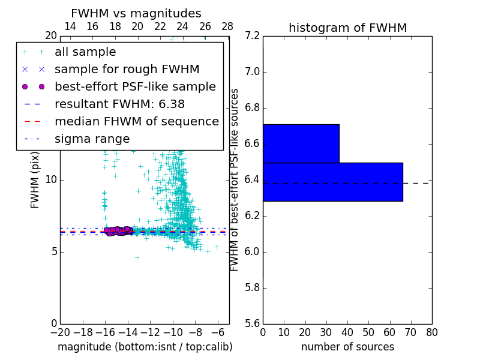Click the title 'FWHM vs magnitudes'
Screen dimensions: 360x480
(136, 14)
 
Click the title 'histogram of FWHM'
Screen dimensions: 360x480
(347, 28)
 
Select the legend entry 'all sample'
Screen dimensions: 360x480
(85, 52)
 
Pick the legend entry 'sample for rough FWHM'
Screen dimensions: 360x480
(127, 70)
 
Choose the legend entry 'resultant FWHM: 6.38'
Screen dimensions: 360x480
(119, 104)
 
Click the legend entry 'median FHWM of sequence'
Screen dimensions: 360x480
(136, 122)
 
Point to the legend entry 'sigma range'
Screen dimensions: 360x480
(92, 139)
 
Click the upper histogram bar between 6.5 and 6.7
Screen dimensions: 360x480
(301, 143)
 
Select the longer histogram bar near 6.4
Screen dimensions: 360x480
(332, 182)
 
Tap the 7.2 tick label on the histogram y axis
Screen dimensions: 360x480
(252, 36)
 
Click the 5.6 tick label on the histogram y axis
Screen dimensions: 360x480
(252, 323)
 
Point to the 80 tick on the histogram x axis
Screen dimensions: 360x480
(431, 332)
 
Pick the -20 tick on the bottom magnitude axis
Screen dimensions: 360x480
(60, 332)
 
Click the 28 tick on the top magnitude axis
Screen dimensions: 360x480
(227, 26)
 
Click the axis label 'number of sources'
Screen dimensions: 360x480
(347, 347)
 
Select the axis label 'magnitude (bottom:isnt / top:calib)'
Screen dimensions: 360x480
(145, 347)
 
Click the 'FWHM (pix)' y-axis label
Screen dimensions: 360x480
(35, 180)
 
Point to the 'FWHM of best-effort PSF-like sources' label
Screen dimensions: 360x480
(235, 180)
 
